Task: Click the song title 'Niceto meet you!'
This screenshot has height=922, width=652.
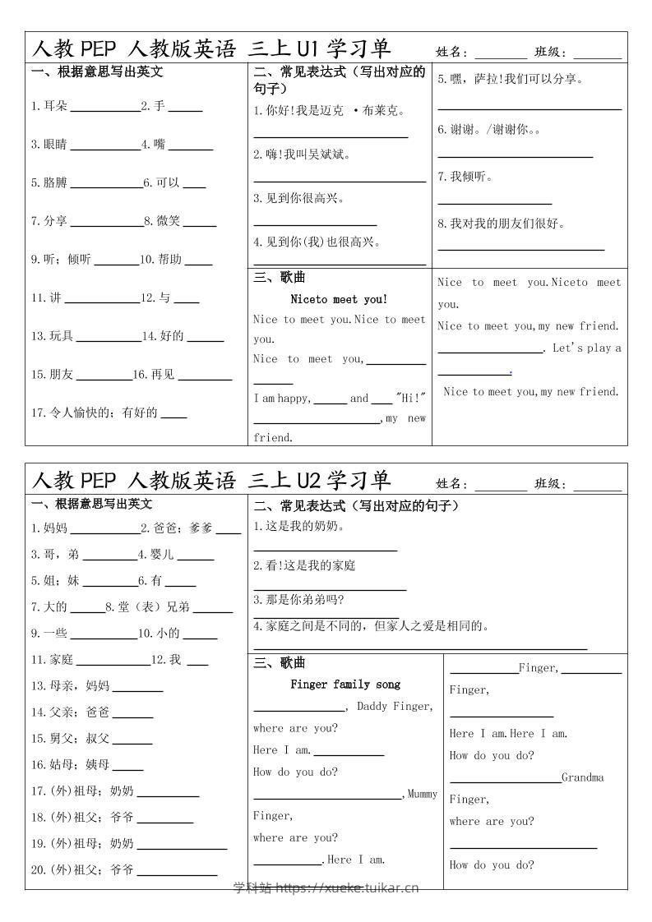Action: [x=339, y=299]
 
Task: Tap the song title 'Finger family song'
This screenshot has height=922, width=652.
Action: [x=345, y=684]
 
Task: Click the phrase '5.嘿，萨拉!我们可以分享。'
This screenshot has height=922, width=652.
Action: [x=511, y=79]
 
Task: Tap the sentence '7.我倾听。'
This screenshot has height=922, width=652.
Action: [x=465, y=176]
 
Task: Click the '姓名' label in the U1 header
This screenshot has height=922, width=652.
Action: [x=451, y=52]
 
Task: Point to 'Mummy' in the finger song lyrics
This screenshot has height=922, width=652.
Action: [x=423, y=794]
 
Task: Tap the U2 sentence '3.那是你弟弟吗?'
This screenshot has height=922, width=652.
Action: [x=299, y=599]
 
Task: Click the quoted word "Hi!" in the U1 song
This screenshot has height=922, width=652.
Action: [x=411, y=398]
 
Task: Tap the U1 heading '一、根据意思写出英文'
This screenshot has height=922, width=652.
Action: [x=97, y=71]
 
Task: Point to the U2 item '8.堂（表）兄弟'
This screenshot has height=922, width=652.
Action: [x=147, y=606]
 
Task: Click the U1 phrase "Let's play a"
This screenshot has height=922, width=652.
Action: [x=586, y=348]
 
